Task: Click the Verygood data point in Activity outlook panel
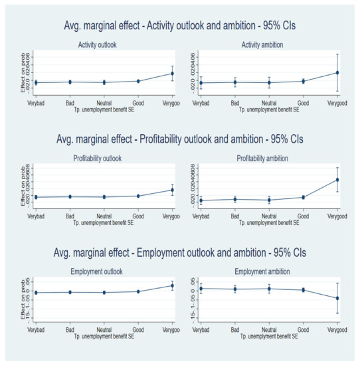point(173,73)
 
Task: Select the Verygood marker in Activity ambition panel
point(337,72)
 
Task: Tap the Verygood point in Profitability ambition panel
point(337,179)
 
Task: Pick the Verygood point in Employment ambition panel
point(337,298)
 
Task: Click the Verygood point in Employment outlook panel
point(173,285)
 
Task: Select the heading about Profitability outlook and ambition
point(179,140)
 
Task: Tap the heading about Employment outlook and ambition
point(179,254)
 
